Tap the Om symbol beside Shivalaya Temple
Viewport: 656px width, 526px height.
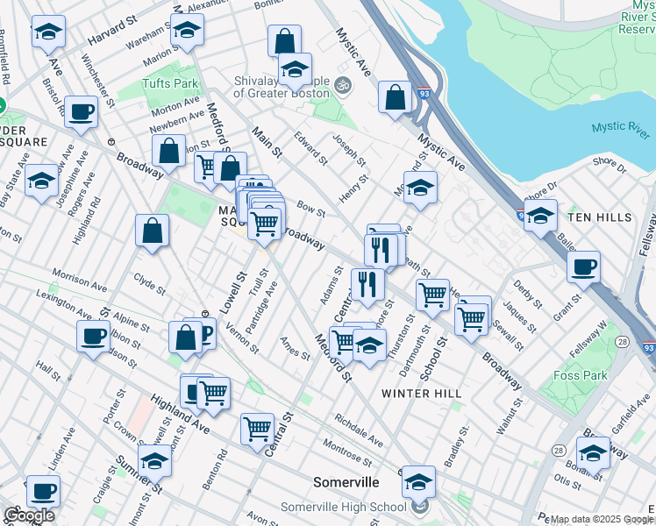coord(342,85)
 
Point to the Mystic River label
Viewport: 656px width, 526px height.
coord(620,128)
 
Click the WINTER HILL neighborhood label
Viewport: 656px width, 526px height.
coord(422,394)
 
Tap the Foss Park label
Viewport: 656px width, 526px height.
coord(581,375)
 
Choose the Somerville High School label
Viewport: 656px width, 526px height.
coord(344,507)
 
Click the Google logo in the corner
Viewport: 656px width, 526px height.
coord(29,515)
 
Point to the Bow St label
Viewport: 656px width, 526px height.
coord(310,210)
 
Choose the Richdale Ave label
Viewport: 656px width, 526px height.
coord(359,430)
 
